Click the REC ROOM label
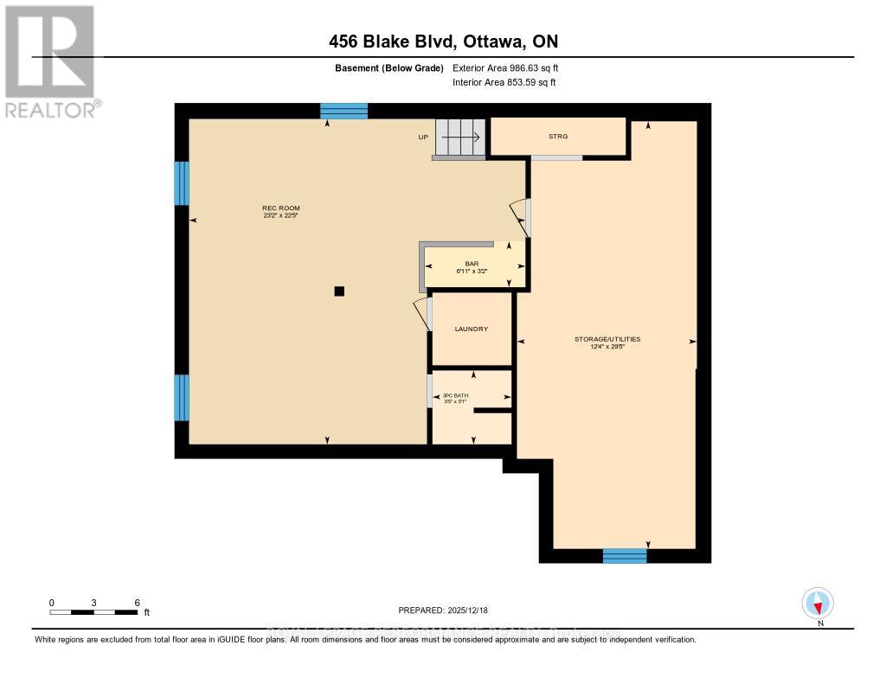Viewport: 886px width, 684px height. pyautogui.click(x=280, y=208)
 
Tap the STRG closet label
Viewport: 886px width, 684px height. pyautogui.click(x=557, y=137)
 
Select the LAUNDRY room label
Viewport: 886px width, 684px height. pyautogui.click(x=472, y=329)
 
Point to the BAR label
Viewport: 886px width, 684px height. pyautogui.click(x=472, y=264)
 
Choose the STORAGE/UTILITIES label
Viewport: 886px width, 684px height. pyautogui.click(x=607, y=340)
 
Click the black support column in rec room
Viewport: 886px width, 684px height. pyautogui.click(x=340, y=291)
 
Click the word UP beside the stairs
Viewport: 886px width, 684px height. pyautogui.click(x=423, y=137)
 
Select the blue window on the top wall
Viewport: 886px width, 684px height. pyautogui.click(x=343, y=111)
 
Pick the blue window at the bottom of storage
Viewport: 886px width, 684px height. pyautogui.click(x=625, y=555)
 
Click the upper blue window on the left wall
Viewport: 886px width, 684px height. pyautogui.click(x=182, y=183)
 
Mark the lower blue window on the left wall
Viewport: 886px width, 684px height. pyautogui.click(x=182, y=398)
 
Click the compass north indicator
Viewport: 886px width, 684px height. pyautogui.click(x=818, y=603)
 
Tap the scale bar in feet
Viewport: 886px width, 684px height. pyautogui.click(x=93, y=612)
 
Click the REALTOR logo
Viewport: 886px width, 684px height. pyautogui.click(x=50, y=61)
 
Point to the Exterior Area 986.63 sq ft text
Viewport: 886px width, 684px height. pyautogui.click(x=511, y=67)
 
